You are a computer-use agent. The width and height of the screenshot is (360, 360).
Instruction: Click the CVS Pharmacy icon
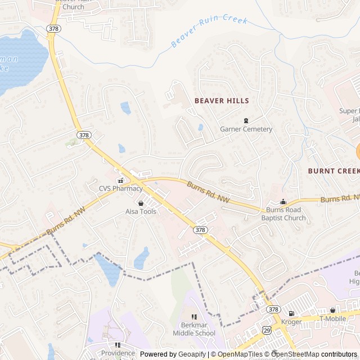click(x=120, y=181)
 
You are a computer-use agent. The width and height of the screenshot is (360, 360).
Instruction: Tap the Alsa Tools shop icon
click(x=141, y=203)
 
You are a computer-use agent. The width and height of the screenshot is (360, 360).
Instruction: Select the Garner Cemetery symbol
click(x=246, y=120)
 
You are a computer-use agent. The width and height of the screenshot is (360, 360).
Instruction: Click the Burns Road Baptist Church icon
click(x=283, y=202)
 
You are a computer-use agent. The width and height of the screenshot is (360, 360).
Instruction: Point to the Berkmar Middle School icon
click(x=194, y=317)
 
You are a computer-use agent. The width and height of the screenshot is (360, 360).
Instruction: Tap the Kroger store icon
click(x=291, y=313)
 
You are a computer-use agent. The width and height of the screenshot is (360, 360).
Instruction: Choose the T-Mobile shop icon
click(x=332, y=310)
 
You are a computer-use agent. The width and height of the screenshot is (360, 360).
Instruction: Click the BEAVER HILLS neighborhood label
click(x=222, y=101)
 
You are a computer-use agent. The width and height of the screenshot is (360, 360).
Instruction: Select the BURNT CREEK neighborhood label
click(x=333, y=170)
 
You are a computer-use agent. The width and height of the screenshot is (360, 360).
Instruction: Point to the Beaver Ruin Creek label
click(x=209, y=31)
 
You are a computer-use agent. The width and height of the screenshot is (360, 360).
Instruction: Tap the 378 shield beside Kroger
click(x=273, y=309)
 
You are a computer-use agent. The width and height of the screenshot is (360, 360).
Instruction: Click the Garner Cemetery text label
click(x=246, y=129)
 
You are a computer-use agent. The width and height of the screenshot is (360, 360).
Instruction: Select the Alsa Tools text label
click(x=141, y=211)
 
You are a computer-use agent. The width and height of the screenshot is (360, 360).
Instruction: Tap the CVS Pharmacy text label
click(x=121, y=188)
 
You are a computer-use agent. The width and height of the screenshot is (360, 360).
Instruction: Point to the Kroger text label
click(x=291, y=322)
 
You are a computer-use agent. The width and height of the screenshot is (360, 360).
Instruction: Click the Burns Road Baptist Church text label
click(x=283, y=214)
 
